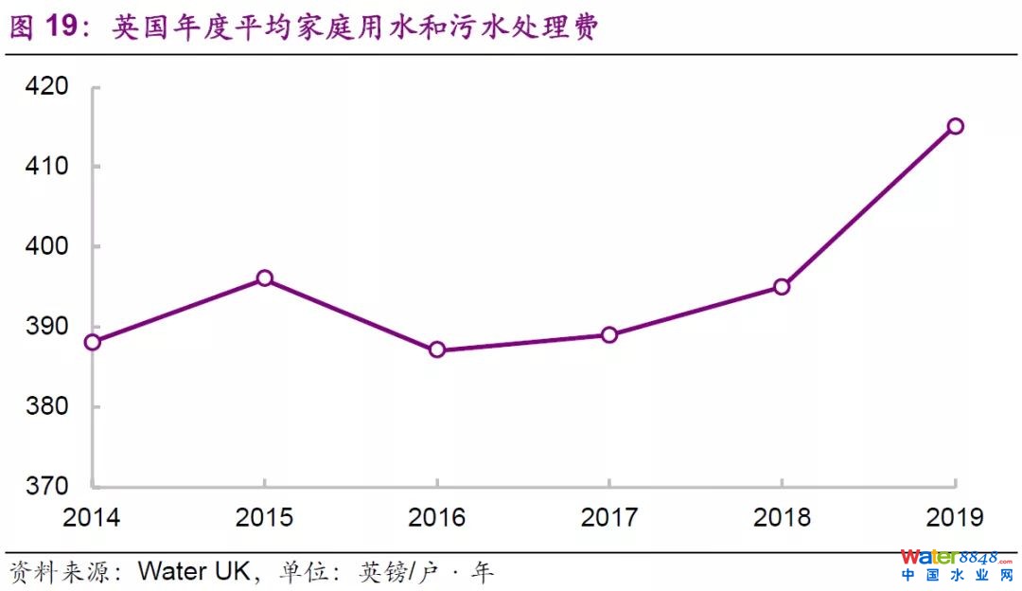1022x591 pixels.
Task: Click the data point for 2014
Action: pos(92,342)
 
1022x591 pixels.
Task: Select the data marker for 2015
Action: pos(265,278)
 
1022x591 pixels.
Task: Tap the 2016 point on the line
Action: pos(437,349)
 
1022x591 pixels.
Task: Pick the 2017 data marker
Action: pos(609,334)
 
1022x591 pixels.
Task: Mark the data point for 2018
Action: pos(782,286)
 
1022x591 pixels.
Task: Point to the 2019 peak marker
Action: pos(955,126)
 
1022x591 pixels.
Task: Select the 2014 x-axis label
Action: pos(92,517)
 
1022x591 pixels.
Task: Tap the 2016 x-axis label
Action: pos(437,517)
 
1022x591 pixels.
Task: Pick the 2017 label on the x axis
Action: pos(609,517)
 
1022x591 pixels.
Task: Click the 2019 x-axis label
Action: pos(955,517)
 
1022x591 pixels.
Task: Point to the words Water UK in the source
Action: pos(194,572)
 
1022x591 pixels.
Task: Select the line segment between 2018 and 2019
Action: pos(869,206)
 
